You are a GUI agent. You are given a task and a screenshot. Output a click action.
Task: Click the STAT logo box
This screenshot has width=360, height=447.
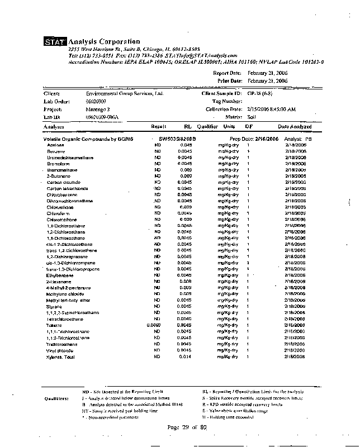[55, 42]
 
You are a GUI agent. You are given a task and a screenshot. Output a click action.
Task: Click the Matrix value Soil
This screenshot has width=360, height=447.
[252, 117]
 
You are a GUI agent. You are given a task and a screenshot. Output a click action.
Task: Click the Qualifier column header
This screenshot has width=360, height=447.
[207, 127]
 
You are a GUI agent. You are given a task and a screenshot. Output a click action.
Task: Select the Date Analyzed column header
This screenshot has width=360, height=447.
[295, 127]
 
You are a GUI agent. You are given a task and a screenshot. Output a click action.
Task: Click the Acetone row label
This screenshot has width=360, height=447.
[56, 145]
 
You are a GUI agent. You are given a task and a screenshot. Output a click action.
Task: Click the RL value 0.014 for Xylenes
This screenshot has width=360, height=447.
[185, 356]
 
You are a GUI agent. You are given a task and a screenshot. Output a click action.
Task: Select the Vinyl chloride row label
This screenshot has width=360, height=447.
[60, 350]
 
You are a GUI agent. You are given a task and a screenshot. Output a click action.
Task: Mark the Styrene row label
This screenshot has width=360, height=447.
[55, 306]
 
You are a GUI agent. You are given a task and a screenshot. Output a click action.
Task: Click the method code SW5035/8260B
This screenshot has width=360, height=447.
[173, 138]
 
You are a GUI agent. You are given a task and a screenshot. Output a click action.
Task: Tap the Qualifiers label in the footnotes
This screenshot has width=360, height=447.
[56, 399]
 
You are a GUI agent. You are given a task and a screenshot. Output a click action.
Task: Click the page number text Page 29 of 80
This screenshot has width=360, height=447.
[187, 427]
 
